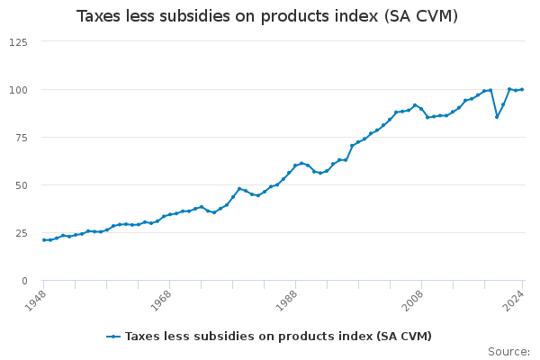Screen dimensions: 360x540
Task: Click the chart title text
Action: tap(267, 16)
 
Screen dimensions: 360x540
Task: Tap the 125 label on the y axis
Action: tap(18, 42)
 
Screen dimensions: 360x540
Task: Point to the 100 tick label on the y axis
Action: tap(18, 90)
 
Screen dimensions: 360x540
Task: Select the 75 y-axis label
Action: tap(21, 138)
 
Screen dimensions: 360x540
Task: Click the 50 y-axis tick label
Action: tap(21, 185)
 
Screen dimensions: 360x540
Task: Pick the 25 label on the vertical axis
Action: tap(21, 233)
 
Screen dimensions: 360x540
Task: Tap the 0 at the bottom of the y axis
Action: tap(24, 281)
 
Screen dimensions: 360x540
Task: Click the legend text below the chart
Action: tap(278, 337)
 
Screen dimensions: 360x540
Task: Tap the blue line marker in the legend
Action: tap(113, 337)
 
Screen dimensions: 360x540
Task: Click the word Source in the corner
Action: tap(508, 352)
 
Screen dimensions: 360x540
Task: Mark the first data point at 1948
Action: tap(44, 240)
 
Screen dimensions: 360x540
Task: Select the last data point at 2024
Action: tap(522, 89)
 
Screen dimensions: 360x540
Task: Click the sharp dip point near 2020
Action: tap(497, 116)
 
